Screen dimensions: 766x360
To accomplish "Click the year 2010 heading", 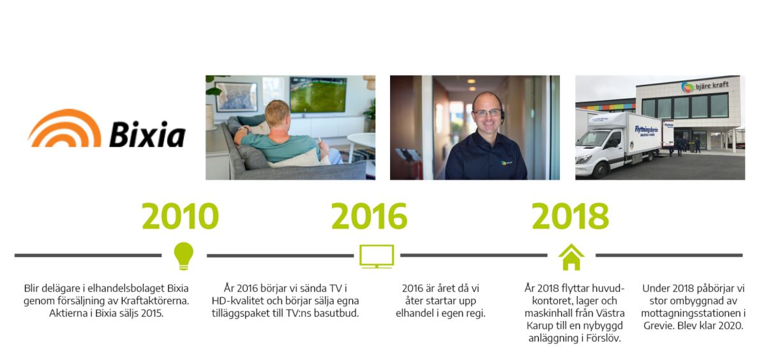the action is click(x=180, y=216).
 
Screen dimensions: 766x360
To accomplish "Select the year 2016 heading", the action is click(x=370, y=216).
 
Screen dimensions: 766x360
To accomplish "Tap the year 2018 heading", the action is click(x=571, y=216).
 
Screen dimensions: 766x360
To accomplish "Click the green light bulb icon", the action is click(x=184, y=257).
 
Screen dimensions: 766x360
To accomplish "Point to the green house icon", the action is click(x=571, y=257).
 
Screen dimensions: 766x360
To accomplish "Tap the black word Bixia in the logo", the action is click(x=147, y=134).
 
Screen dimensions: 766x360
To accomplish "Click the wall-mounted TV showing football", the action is click(x=318, y=94).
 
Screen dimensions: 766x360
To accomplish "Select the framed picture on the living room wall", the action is click(x=236, y=97).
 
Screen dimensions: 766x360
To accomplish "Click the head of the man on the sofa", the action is click(x=277, y=114).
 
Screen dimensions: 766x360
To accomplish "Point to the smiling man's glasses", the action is click(x=487, y=113).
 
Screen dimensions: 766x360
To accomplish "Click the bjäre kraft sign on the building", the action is click(x=705, y=86).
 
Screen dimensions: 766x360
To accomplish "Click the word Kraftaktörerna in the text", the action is click(x=155, y=301).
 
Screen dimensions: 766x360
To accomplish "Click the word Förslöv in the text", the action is click(x=603, y=338).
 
